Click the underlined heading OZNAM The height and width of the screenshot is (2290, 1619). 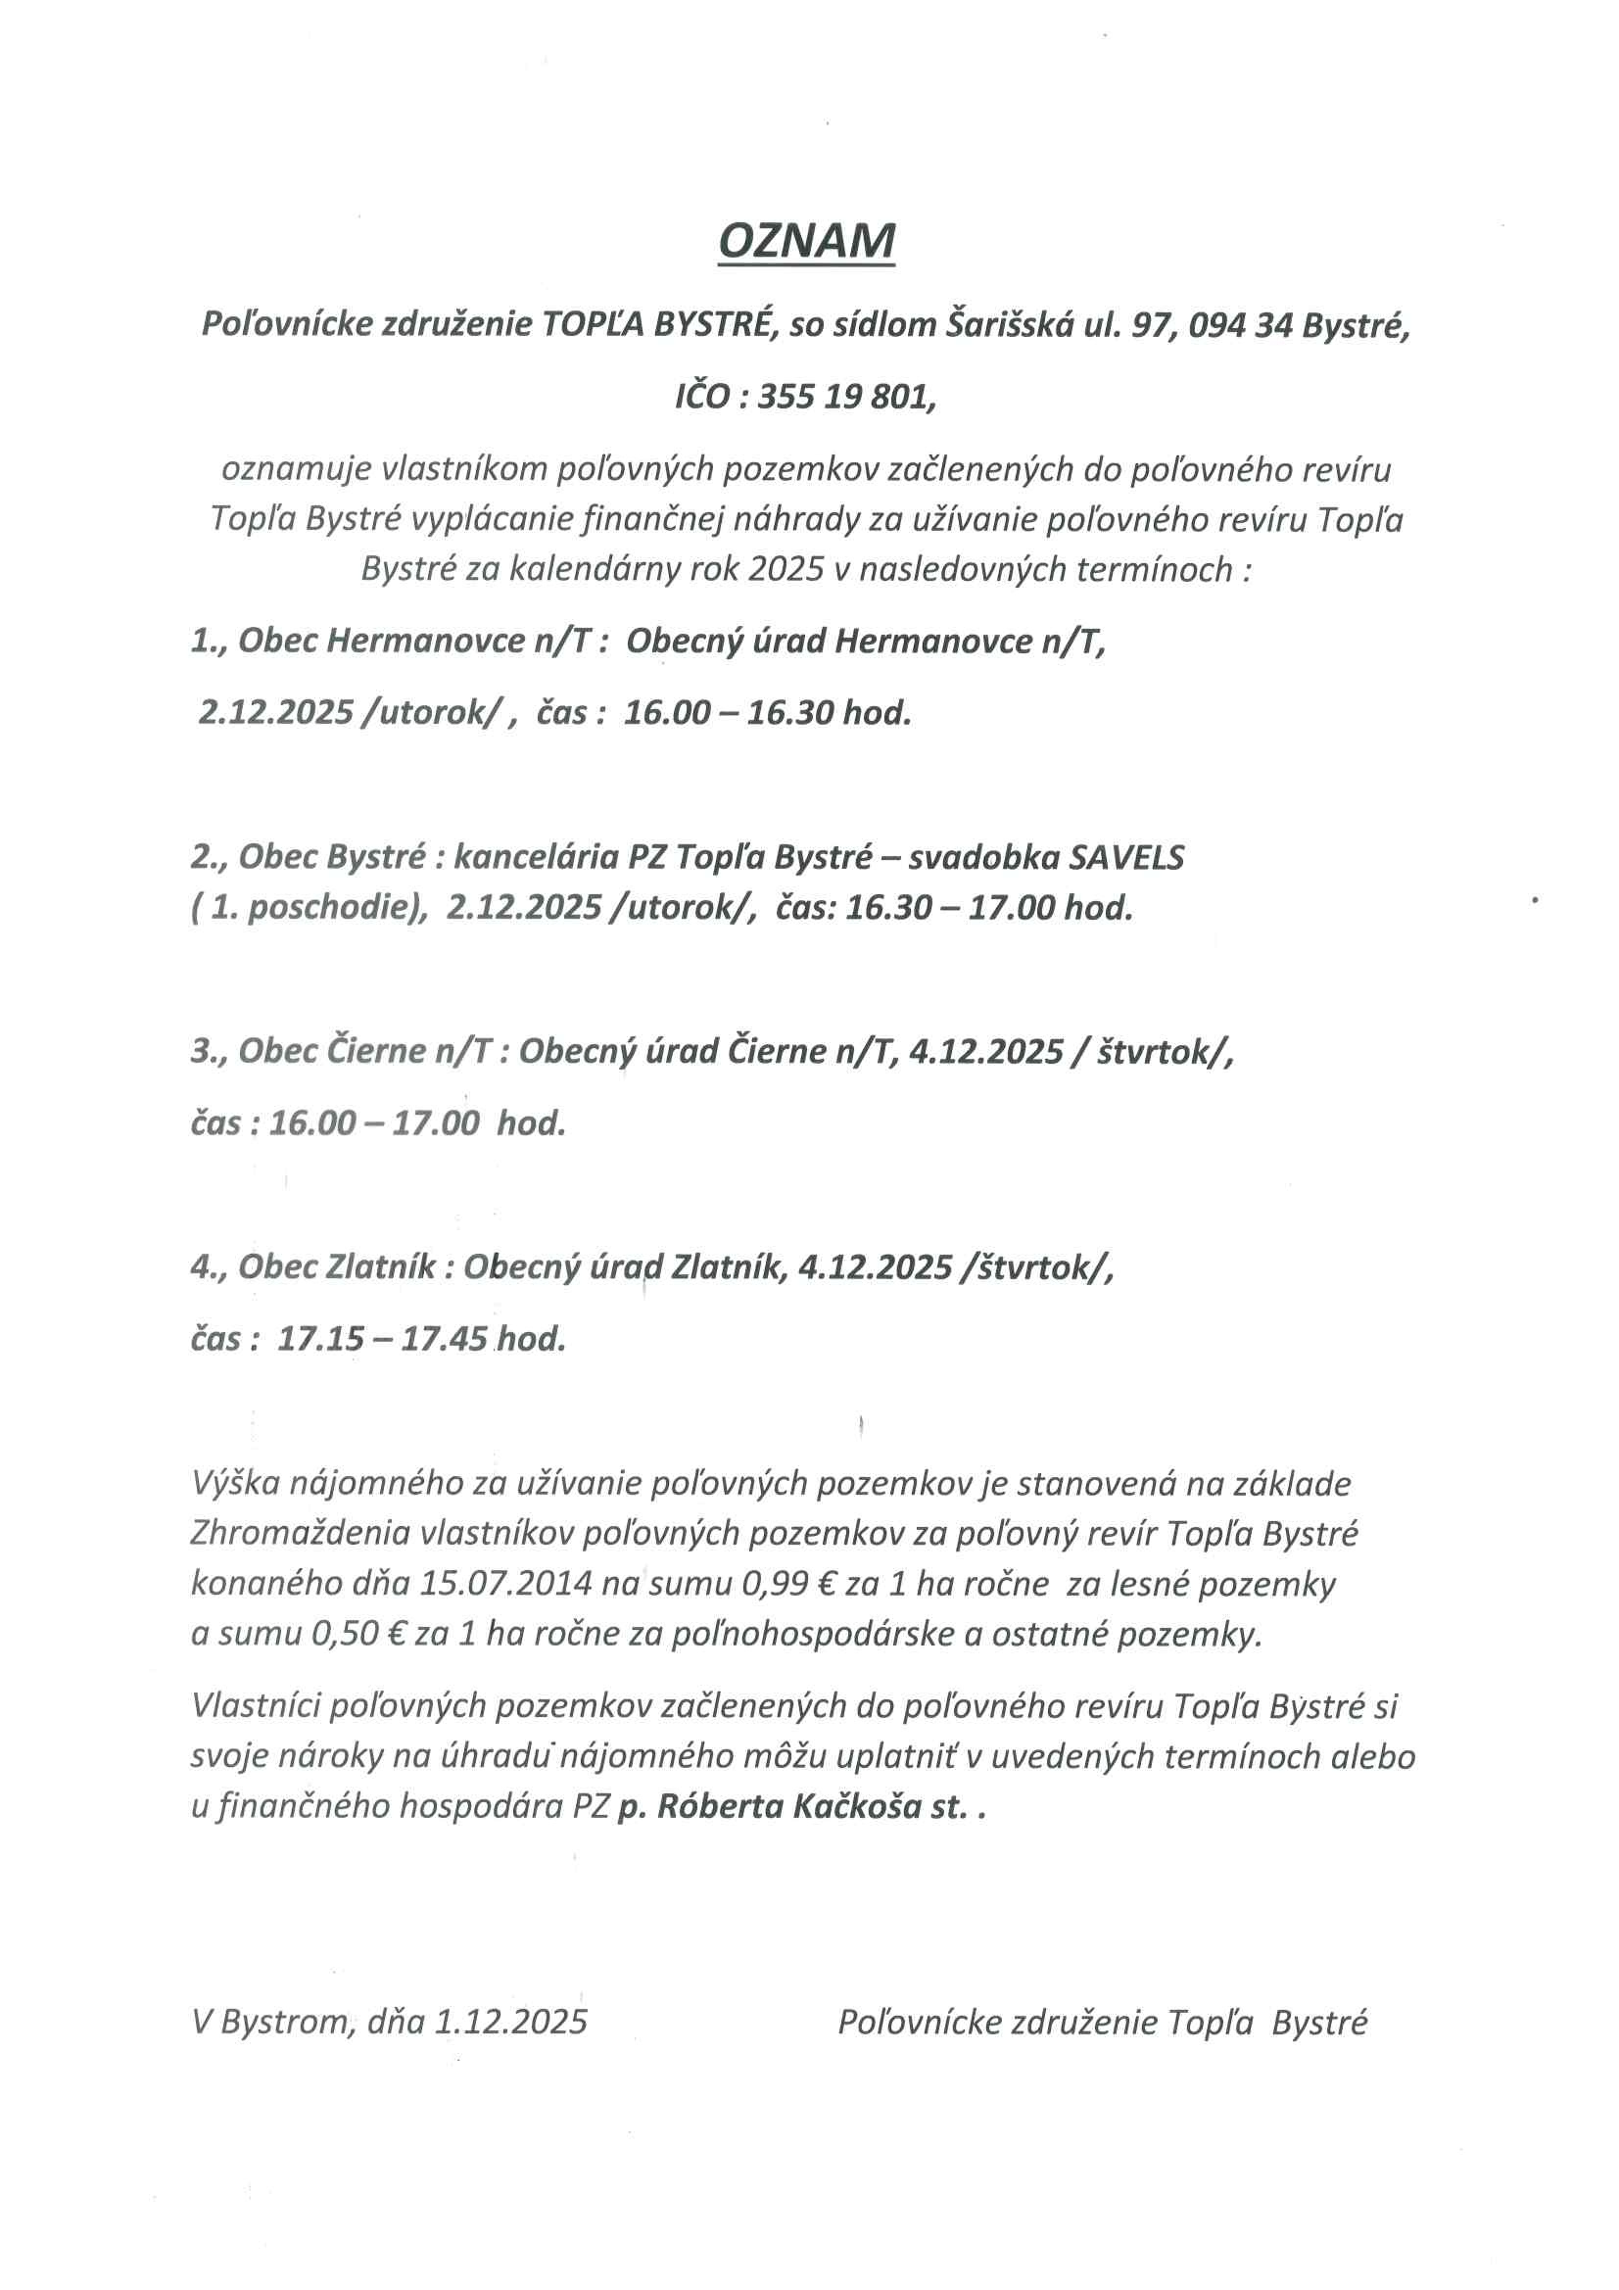click(806, 241)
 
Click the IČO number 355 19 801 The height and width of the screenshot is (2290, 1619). click(846, 397)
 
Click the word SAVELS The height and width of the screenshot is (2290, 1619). click(1126, 857)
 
